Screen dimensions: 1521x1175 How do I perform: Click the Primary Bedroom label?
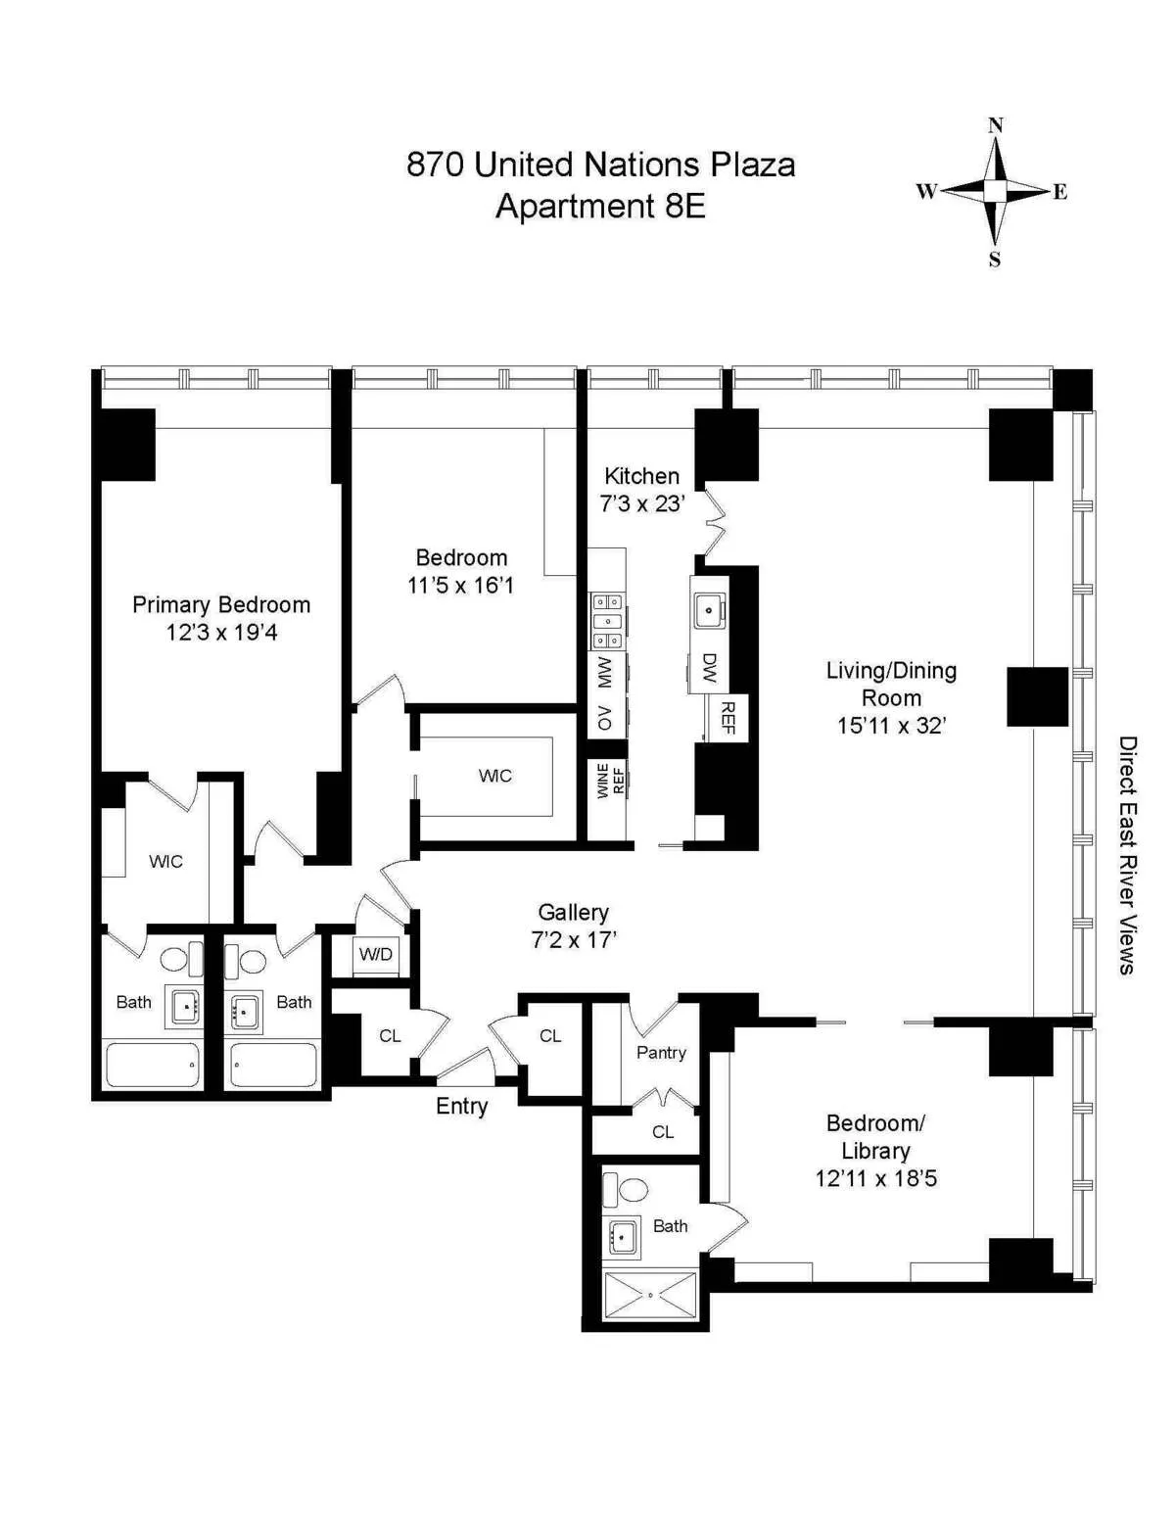pos(221,604)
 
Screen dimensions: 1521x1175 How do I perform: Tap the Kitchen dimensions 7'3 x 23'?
pos(641,503)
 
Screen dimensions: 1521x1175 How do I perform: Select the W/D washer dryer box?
pos(376,954)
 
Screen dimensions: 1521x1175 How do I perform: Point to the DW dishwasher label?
pos(710,668)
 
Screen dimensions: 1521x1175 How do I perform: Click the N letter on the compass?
pos(995,124)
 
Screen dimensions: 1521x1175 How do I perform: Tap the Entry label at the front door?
pos(461,1106)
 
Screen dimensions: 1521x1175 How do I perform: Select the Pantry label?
pos(661,1052)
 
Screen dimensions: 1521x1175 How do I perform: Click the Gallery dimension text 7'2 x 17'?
pos(573,940)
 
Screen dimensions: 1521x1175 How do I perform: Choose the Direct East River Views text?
pos(1128,855)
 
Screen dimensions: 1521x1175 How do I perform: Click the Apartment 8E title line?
pos(600,207)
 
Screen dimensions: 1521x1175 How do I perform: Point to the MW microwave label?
pos(605,672)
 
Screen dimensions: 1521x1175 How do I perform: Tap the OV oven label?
pos(605,718)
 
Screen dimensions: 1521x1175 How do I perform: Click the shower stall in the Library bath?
pos(650,1294)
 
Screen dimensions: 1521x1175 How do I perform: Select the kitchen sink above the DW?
pos(707,610)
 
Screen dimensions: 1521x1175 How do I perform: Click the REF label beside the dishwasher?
pos(728,718)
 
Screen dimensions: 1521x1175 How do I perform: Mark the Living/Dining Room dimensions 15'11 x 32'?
pos(890,726)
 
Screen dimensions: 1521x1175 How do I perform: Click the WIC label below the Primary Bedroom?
pos(165,861)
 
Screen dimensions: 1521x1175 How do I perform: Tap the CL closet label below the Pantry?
pos(663,1131)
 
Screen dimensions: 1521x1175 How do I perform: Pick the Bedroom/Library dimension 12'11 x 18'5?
pos(875,1178)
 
